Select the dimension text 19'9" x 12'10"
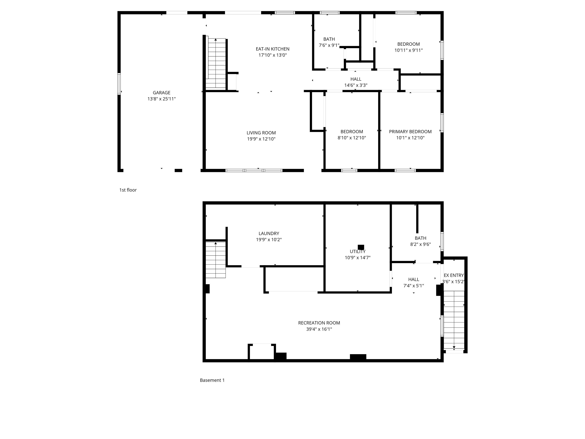[261, 139]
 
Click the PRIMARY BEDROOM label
[410, 131]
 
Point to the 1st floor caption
[128, 190]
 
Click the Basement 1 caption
[212, 380]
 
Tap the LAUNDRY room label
[269, 233]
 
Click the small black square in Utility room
[361, 247]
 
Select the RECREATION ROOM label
[319, 323]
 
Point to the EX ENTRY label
[454, 275]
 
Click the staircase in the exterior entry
[454, 320]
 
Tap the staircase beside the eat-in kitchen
[216, 63]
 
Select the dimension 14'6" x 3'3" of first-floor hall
[356, 85]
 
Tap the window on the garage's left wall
[119, 84]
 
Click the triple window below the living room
[254, 170]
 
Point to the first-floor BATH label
[329, 39]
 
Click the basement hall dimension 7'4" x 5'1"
[413, 286]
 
